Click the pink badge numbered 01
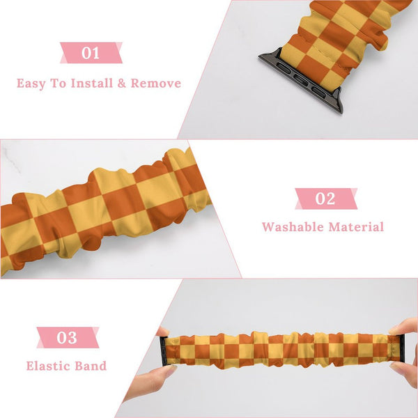91,53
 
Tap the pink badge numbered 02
325,199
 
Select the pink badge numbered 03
67,339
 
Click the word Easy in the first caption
32,84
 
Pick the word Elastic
49,366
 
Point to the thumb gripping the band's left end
163,332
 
